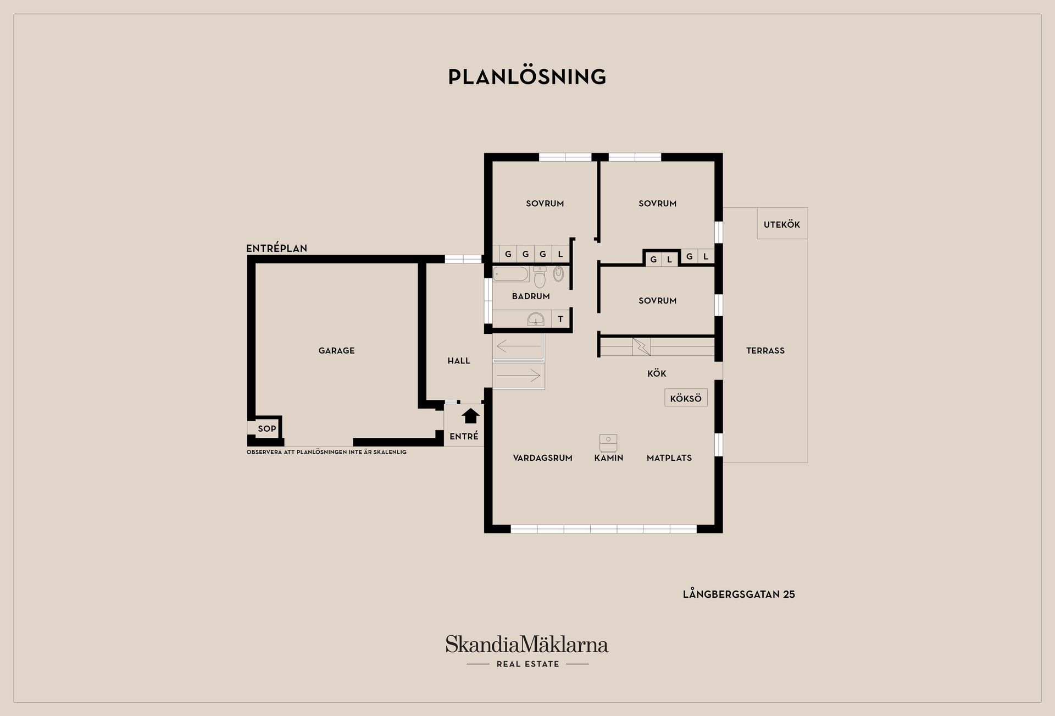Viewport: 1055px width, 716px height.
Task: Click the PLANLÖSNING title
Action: (x=527, y=77)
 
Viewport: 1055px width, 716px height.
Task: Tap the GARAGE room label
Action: (x=336, y=350)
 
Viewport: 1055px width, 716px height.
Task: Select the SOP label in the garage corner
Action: (x=267, y=428)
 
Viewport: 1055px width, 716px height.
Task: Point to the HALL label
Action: (x=458, y=361)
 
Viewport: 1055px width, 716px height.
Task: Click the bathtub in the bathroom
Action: (x=511, y=274)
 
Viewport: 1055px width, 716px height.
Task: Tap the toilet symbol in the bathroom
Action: (x=540, y=278)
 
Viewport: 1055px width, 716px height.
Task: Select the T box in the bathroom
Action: (x=560, y=319)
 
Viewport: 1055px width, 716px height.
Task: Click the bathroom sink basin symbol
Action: (x=535, y=319)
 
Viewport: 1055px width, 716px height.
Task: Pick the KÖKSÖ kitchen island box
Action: (x=686, y=398)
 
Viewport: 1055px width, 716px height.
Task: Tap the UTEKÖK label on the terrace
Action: (x=781, y=224)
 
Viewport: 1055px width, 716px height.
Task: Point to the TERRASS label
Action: (x=765, y=350)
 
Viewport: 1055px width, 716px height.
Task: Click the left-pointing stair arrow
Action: (x=518, y=346)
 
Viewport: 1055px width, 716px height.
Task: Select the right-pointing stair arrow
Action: (x=518, y=376)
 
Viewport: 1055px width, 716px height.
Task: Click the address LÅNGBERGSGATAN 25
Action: (x=738, y=594)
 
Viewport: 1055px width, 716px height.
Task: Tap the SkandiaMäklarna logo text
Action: (x=527, y=644)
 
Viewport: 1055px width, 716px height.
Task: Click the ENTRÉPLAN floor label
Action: (x=276, y=248)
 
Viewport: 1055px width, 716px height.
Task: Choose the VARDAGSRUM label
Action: (x=542, y=458)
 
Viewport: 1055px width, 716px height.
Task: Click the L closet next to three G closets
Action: (x=560, y=254)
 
